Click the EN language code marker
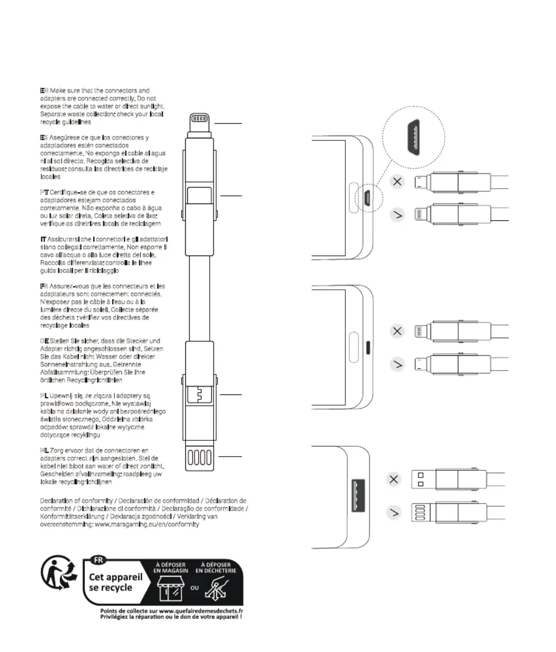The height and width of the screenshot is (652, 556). pyautogui.click(x=44, y=90)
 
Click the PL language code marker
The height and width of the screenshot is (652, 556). pyautogui.click(x=44, y=395)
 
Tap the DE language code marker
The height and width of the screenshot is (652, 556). pyautogui.click(x=44, y=341)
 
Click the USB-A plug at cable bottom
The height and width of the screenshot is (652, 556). pyautogui.click(x=199, y=458)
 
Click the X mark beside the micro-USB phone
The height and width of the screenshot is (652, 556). pyautogui.click(x=397, y=182)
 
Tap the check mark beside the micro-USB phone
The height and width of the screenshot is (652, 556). pyautogui.click(x=397, y=215)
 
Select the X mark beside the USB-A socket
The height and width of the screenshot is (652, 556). pyautogui.click(x=394, y=479)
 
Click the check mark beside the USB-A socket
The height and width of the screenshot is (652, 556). pyautogui.click(x=394, y=513)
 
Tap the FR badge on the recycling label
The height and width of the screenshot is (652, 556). pyautogui.click(x=98, y=560)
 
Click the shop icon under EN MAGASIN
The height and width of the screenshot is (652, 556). pyautogui.click(x=170, y=587)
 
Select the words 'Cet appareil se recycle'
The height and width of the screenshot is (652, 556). pyautogui.click(x=115, y=582)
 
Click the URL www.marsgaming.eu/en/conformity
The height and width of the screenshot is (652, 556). pyautogui.click(x=147, y=524)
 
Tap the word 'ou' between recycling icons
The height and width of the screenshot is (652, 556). pyautogui.click(x=195, y=587)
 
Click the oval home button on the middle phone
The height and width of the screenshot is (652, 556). pyautogui.click(x=354, y=347)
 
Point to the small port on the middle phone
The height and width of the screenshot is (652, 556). pyautogui.click(x=368, y=347)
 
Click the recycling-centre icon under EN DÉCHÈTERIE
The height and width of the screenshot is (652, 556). pyautogui.click(x=216, y=588)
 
